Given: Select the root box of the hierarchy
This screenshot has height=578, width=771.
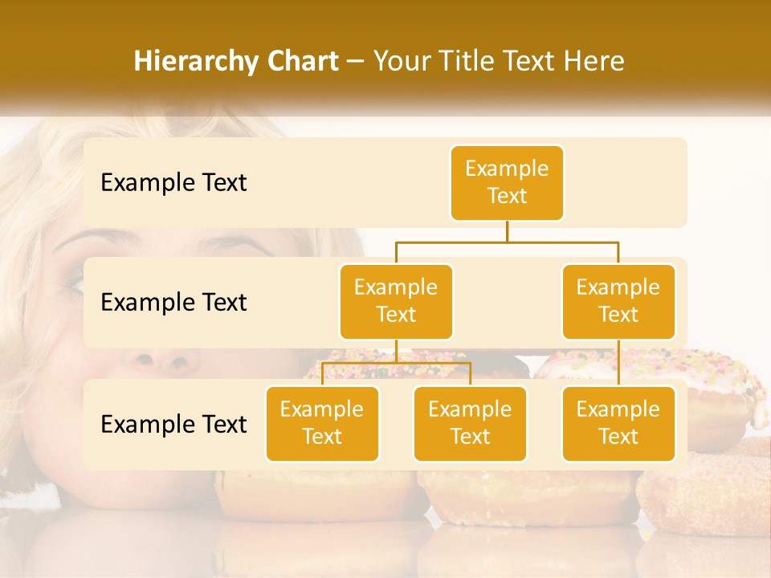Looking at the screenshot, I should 507,183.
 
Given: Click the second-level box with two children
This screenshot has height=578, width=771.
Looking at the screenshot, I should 396,301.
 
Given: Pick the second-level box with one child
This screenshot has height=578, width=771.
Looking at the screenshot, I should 618,301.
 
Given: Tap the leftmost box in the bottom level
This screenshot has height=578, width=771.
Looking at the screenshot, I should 322,423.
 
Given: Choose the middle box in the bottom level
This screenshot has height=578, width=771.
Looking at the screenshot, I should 470,423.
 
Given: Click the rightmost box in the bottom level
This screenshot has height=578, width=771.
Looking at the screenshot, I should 618,423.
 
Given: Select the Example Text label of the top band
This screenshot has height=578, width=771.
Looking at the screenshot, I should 173,183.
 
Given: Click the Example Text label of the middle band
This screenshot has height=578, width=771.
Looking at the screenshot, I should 173,303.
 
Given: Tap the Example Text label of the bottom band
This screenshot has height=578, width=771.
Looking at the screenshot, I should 173,424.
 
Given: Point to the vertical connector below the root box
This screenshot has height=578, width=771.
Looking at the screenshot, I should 507,231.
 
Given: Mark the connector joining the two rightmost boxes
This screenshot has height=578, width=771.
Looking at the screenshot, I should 618,363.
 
